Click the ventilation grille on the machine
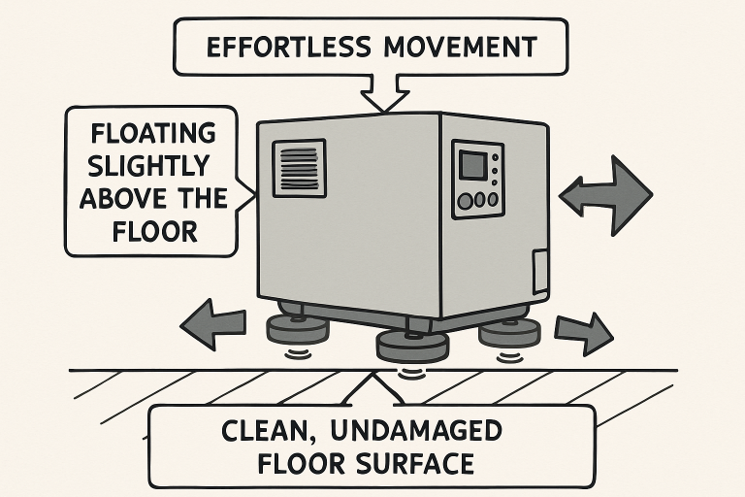(301, 168)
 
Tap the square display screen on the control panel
(473, 163)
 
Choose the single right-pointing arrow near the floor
(582, 333)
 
